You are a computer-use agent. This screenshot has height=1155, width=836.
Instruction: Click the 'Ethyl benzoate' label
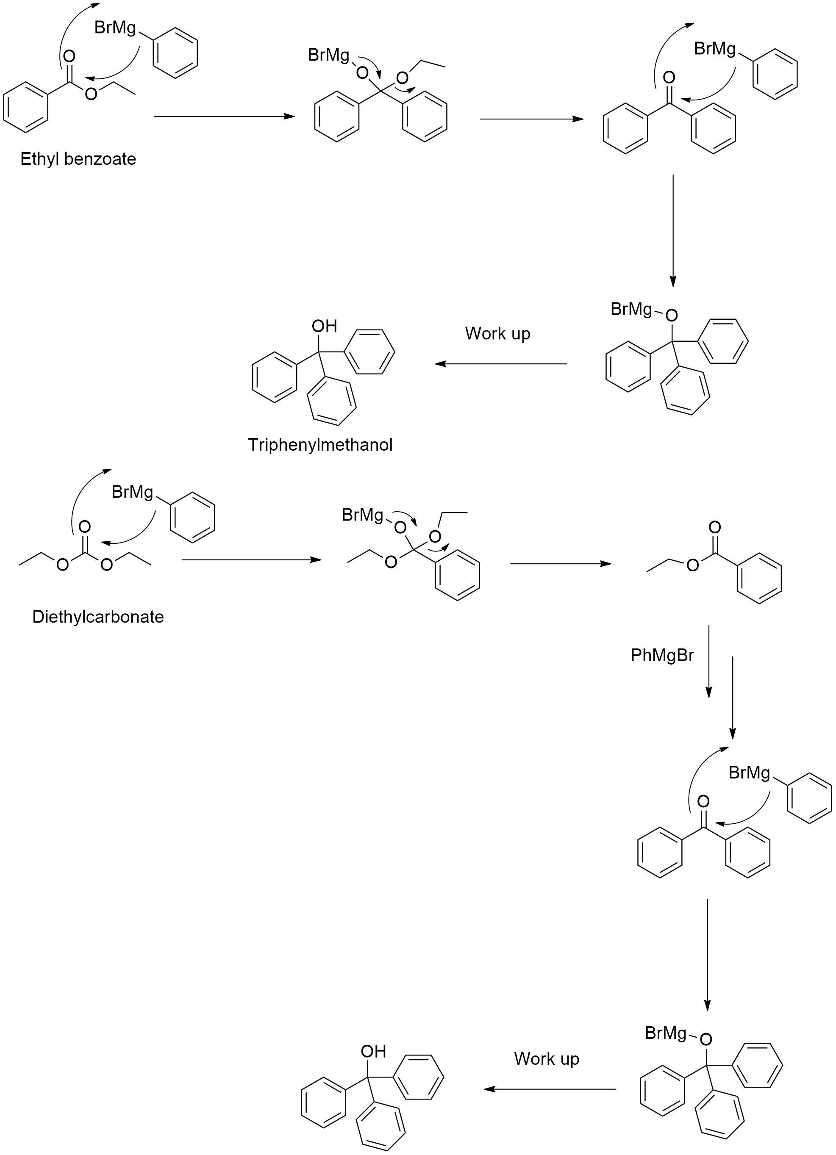(x=78, y=159)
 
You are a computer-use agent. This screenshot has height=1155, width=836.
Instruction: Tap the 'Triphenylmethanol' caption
(x=320, y=445)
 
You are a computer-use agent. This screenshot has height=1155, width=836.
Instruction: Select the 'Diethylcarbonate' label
(x=98, y=617)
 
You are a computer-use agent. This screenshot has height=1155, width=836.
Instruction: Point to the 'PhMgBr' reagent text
(x=662, y=655)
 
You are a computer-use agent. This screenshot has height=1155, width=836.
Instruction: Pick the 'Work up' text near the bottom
(x=546, y=1059)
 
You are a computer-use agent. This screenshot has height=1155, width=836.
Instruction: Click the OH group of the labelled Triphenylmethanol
(x=325, y=326)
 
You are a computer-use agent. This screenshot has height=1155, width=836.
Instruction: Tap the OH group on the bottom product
(x=373, y=1051)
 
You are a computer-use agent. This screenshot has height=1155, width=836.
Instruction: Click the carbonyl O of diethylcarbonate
(x=85, y=526)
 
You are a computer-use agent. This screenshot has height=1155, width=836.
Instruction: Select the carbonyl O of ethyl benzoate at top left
(x=69, y=56)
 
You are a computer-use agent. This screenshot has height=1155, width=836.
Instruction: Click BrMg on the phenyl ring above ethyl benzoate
(x=115, y=28)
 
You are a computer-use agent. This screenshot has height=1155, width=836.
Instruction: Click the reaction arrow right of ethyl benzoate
(x=224, y=116)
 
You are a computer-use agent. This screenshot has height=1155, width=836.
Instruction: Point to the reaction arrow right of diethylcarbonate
(x=252, y=559)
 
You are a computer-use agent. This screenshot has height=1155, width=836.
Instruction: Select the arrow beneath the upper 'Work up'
(x=501, y=363)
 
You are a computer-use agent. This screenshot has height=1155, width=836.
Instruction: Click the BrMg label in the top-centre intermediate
(x=328, y=55)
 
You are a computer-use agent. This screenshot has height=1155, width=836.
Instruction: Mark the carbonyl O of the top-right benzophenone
(x=669, y=78)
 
